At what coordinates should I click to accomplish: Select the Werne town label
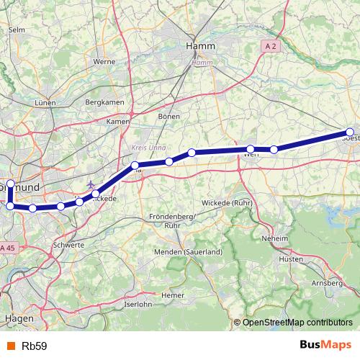tap(104, 62)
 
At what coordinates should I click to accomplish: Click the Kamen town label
tap(117, 122)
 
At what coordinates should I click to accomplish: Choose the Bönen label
tap(169, 116)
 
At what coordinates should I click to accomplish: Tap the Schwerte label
tap(68, 245)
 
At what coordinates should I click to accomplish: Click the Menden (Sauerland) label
tap(189, 252)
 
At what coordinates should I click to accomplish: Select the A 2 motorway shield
tap(269, 45)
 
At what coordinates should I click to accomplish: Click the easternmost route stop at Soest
tap(350, 132)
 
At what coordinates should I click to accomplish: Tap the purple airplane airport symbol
tap(91, 185)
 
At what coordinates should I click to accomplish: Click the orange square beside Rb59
tap(10, 346)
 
